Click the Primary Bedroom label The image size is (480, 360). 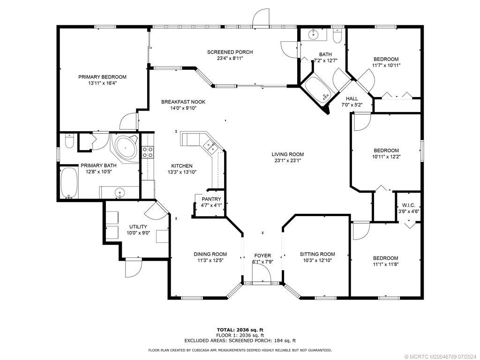[102, 77]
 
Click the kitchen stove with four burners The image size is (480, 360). [147, 151]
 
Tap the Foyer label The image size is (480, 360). [262, 255]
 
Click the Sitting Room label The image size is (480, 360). [317, 254]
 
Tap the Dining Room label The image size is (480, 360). [210, 254]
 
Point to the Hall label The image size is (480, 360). [352, 98]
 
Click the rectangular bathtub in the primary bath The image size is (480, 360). [69, 184]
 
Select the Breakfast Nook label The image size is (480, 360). [183, 102]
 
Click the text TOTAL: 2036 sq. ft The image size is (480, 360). [240, 330]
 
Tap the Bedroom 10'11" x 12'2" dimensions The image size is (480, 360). [386, 157]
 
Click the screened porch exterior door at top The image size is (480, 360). [261, 19]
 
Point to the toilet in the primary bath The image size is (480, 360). [68, 141]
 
